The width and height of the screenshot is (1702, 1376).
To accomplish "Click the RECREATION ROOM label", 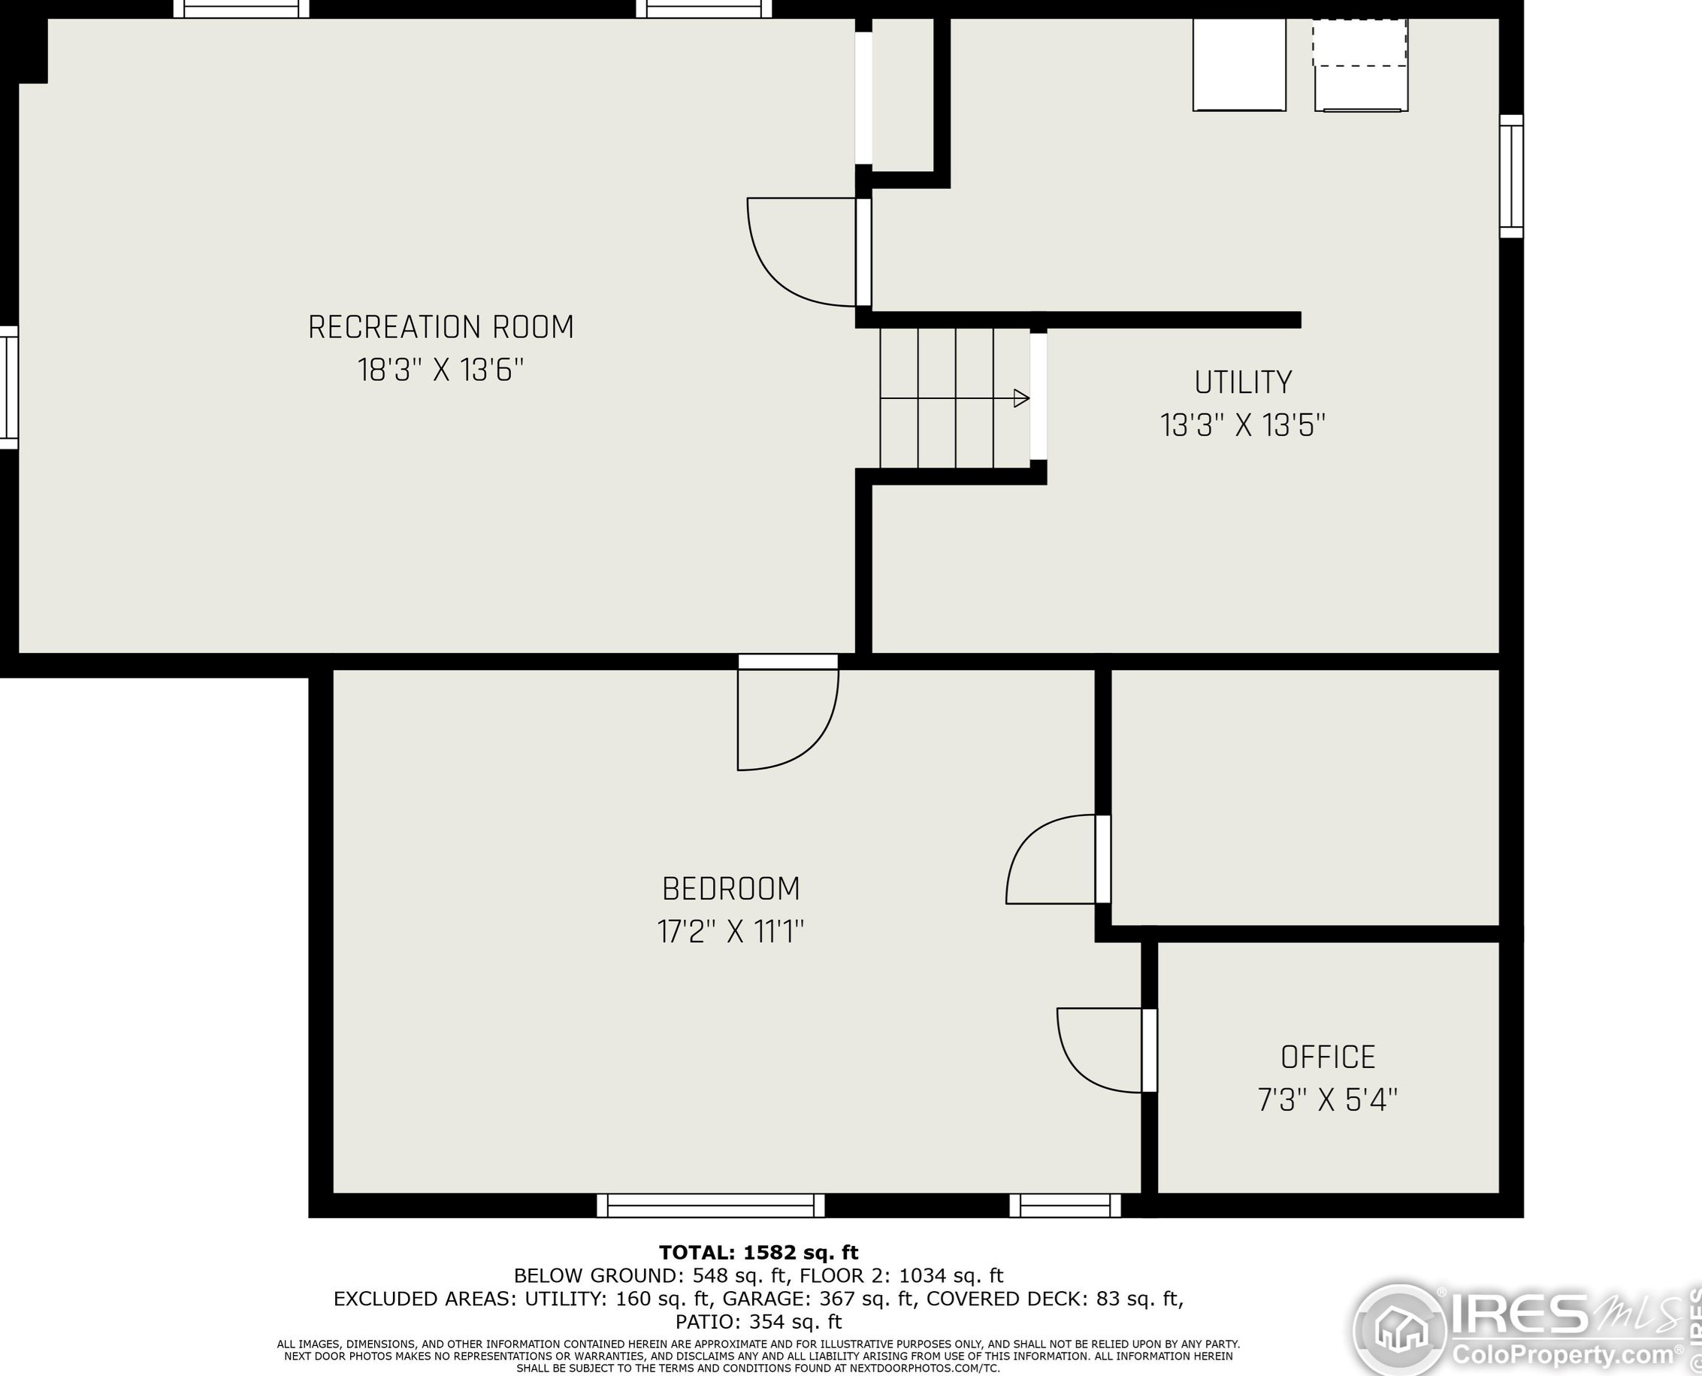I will (440, 328).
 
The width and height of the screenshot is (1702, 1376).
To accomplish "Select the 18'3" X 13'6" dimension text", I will (440, 370).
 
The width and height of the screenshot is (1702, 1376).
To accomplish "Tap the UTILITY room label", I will (1242, 383).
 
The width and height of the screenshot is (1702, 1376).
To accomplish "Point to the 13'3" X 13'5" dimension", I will (1242, 425).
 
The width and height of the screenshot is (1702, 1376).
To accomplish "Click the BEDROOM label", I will (730, 888).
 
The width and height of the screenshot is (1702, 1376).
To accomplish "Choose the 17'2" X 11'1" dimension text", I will (730, 932).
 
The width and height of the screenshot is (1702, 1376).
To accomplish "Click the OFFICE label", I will (1328, 1057).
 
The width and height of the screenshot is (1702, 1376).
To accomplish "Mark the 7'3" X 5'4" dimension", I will (1328, 1100).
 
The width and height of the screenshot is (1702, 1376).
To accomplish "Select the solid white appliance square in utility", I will (1239, 65).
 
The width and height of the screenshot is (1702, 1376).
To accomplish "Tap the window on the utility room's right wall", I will (1511, 176).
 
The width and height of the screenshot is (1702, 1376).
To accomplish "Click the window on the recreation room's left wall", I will (9, 388).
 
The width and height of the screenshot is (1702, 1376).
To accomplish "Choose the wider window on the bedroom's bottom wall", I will (710, 1205).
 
